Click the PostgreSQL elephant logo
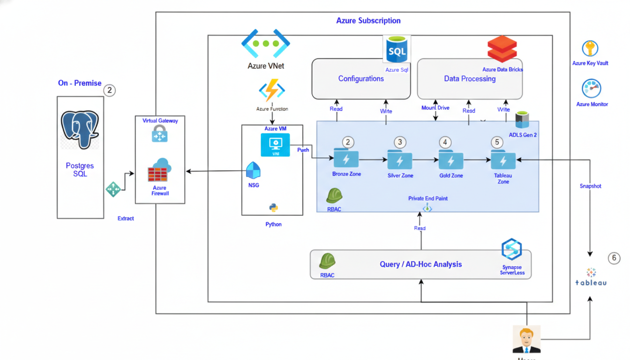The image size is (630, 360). coord(80,129)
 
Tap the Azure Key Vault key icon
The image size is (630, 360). coord(590,48)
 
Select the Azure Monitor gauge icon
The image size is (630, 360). coord(591,89)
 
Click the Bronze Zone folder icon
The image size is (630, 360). coord(346,158)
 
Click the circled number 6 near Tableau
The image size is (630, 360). coord(614,258)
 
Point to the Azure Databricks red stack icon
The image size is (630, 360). coord(502,48)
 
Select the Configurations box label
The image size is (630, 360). coord(361,79)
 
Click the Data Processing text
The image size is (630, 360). coord(470,79)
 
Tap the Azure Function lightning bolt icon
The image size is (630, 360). coord(272,90)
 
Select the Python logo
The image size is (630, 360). coord(273,208)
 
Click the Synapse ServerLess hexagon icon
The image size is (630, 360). coord(511,249)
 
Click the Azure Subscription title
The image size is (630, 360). coord(368,21)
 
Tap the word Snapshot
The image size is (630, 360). coord(590,186)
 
